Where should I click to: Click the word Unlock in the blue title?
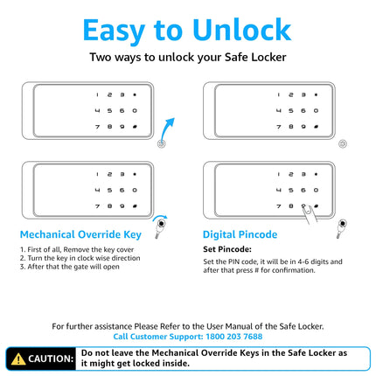point(241,30)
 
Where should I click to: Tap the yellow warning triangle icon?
point(18,359)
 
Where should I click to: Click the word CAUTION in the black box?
point(51,359)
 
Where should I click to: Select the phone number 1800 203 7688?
point(234,337)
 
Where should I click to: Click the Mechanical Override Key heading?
point(80,234)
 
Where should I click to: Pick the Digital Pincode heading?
point(240,234)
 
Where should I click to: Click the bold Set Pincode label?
point(227,249)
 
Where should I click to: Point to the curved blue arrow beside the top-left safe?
point(167,129)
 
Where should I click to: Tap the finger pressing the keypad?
point(309,214)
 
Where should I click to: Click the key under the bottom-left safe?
point(160,227)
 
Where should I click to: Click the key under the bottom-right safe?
point(341,227)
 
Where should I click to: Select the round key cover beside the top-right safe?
point(343,143)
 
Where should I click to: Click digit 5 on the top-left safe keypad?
point(109,111)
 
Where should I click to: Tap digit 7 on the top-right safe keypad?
point(279,127)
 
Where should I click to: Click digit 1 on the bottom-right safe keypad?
point(279,174)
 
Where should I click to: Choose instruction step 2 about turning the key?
point(80,258)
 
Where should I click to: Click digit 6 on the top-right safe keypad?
point(303,111)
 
